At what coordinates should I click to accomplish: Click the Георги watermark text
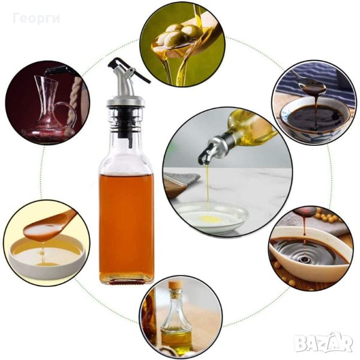click(x=36, y=19)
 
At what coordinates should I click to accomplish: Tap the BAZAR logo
click(x=324, y=343)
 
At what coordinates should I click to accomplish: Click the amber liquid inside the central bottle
click(x=126, y=224)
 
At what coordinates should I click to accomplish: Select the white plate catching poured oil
click(x=211, y=217)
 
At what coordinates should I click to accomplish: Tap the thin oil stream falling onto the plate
click(x=208, y=186)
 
